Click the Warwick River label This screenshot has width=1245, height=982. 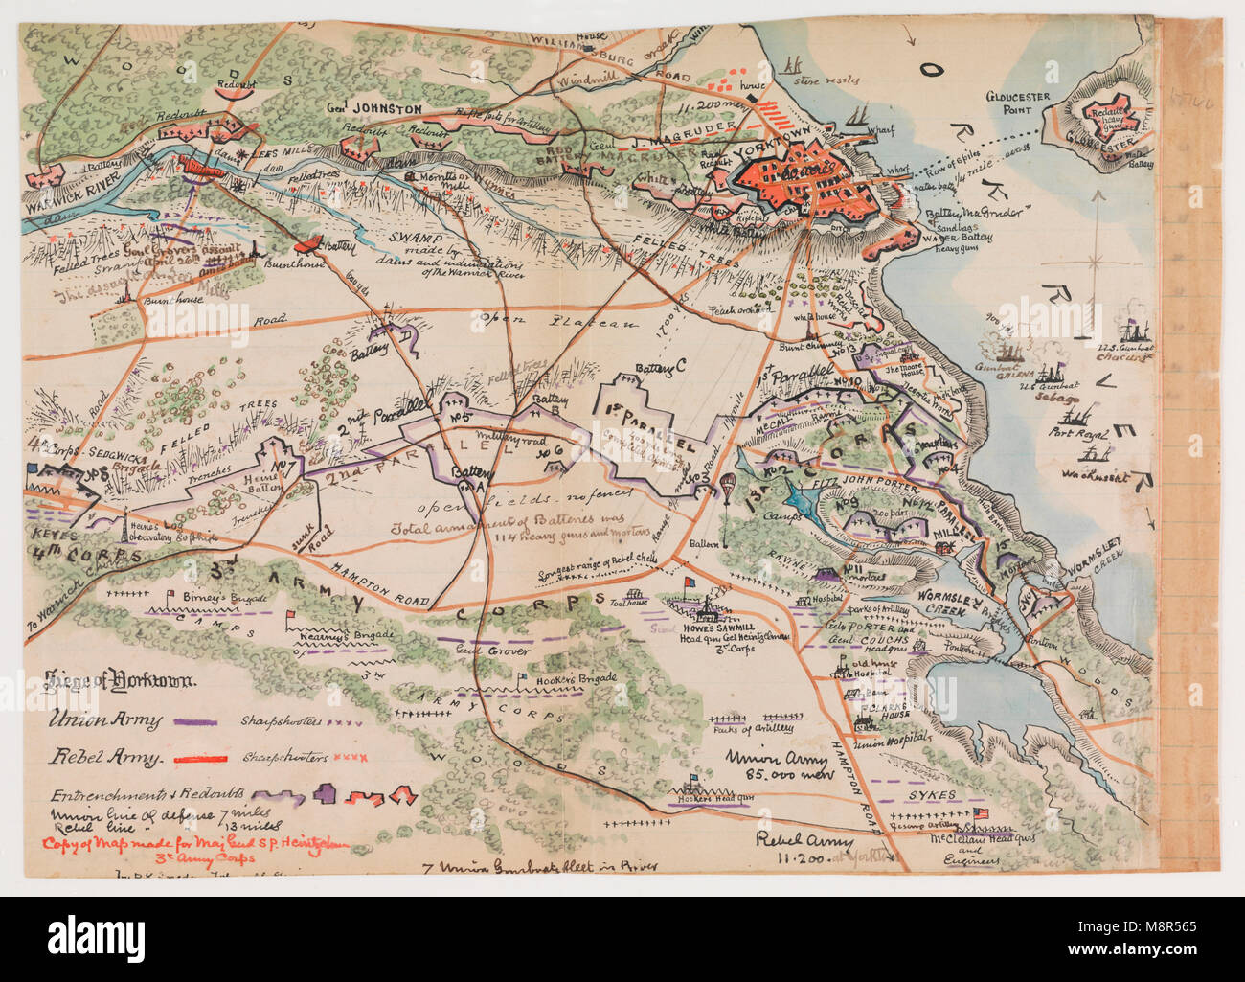pos(62,204)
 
